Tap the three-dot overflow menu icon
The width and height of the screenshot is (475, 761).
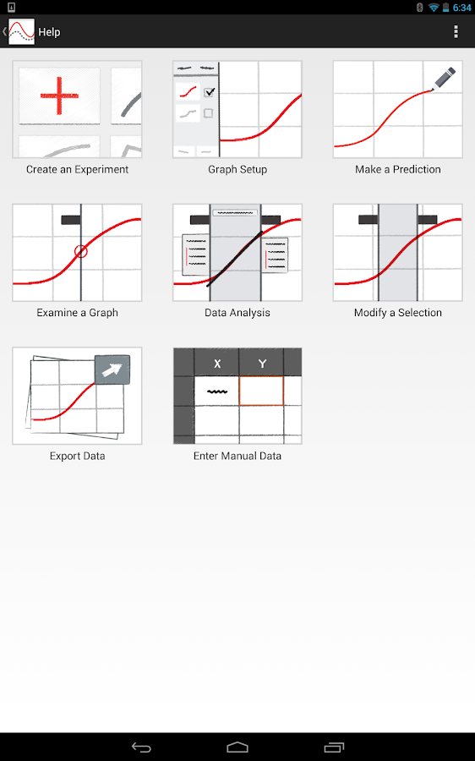456,31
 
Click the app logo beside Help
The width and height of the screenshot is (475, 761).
21,31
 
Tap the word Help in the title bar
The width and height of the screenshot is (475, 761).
49,32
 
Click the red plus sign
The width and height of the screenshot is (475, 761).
59,96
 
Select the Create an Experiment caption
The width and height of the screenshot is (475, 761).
77,169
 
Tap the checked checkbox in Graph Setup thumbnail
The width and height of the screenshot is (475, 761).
209,91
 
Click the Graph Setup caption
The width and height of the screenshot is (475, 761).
237,169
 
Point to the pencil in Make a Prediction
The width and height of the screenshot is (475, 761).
444,78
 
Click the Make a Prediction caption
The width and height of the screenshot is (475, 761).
398,169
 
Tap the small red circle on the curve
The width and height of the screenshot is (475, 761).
81,251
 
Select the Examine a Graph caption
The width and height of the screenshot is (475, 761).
77,313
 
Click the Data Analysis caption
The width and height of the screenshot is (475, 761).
237,313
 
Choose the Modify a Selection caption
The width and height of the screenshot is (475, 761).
398,313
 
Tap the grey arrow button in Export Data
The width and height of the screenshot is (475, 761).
112,370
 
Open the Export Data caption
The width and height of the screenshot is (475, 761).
77,456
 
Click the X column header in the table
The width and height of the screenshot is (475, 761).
217,363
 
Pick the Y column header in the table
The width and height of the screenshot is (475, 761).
262,363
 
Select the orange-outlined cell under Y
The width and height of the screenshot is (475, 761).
261,391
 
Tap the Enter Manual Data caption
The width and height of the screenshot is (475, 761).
237,456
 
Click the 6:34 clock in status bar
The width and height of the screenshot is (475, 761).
462,8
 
